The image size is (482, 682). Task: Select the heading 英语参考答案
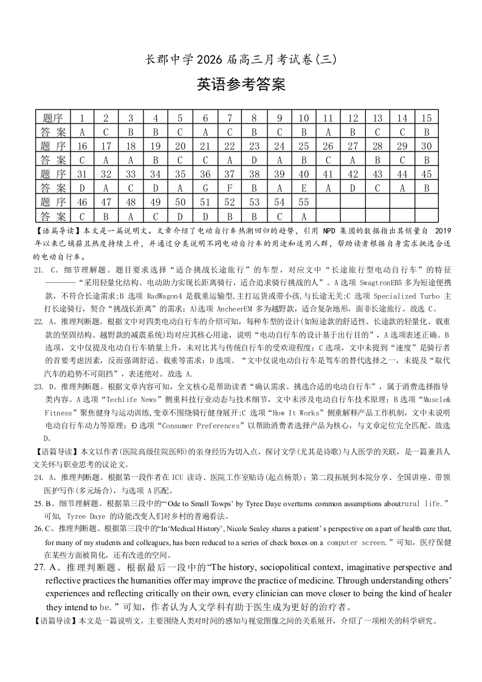point(241,85)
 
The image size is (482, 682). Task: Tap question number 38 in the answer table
point(254,174)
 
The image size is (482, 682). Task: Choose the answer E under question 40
point(304,188)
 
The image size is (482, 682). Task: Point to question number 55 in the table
point(304,202)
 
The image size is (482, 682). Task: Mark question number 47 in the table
point(106,202)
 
